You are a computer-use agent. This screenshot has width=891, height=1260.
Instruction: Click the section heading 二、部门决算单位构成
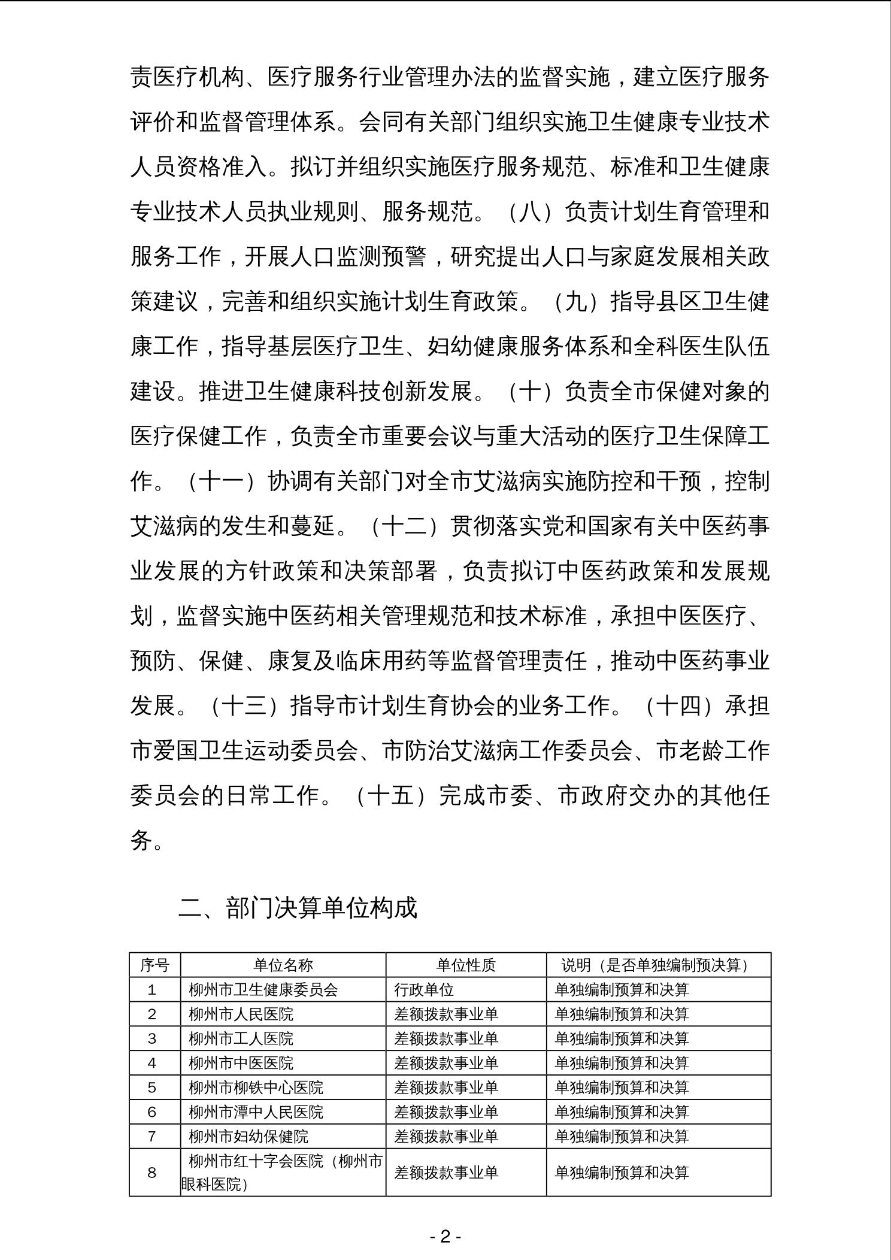pos(297,907)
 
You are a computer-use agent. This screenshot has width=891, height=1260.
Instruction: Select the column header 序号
pos(154,965)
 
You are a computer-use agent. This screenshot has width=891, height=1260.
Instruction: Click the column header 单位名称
pos(283,965)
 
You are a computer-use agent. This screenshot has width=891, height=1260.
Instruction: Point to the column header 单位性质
pos(466,965)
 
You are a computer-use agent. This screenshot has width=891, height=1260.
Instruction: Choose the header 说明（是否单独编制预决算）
pos(658,965)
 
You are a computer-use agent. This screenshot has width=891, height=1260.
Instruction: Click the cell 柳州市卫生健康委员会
pos(263,989)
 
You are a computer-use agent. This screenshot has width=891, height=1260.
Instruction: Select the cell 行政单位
pos(424,989)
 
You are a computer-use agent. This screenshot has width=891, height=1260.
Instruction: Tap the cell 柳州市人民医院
pos(241,1014)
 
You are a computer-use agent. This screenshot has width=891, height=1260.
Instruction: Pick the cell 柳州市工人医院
pos(241,1038)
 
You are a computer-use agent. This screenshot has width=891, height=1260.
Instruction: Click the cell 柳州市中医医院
pos(241,1063)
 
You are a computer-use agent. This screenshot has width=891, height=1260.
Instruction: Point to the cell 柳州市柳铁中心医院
pos(256,1088)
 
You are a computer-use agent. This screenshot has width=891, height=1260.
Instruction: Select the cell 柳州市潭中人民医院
pos(256,1112)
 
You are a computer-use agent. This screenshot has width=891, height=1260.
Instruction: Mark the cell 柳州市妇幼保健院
pos(249,1137)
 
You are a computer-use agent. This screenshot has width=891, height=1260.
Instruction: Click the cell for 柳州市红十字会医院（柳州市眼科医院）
pos(283,1173)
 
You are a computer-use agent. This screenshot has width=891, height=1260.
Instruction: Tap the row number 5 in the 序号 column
pos(152,1088)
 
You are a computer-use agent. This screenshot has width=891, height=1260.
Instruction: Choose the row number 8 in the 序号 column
pos(152,1173)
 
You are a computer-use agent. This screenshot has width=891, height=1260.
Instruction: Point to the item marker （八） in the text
pos(530,211)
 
